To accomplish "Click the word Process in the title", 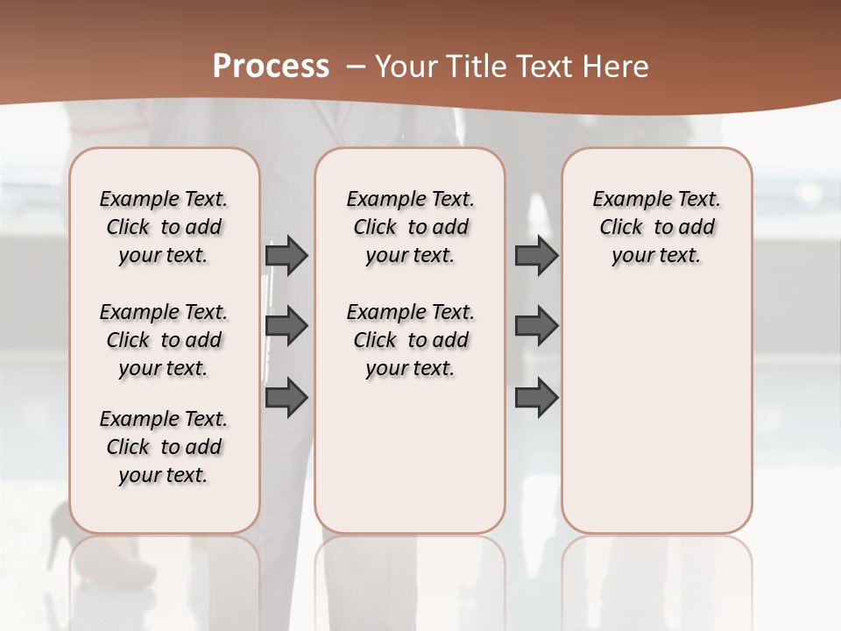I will click(271, 67).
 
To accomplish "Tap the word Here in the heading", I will click(618, 67).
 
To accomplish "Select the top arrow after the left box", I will click(286, 255).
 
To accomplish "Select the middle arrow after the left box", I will click(286, 326).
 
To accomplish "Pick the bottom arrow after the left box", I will click(286, 397).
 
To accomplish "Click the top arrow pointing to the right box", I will click(536, 255).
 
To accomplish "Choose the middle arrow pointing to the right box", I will click(536, 326).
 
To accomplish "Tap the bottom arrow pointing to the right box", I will click(536, 397).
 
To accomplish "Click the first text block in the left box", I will click(164, 227).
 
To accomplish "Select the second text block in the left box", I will click(164, 340).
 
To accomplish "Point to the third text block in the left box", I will click(164, 447).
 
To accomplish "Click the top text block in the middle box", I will click(411, 227).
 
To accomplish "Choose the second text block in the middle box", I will click(411, 340).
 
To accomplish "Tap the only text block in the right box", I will click(657, 227).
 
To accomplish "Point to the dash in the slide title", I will click(356, 67).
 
